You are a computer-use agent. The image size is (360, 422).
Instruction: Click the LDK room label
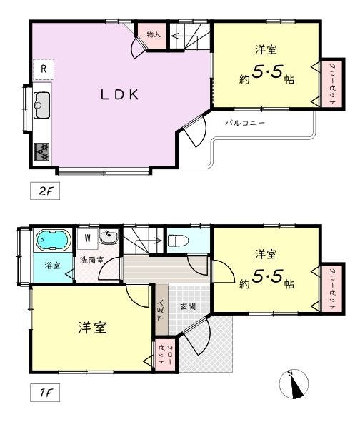click(120, 95)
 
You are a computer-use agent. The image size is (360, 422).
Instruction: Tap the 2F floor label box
click(45, 191)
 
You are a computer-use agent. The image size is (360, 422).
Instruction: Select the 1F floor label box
click(45, 393)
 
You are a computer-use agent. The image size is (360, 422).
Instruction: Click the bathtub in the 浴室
click(54, 240)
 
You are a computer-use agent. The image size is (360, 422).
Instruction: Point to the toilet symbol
click(178, 241)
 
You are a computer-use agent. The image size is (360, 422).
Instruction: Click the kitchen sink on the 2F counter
click(41, 105)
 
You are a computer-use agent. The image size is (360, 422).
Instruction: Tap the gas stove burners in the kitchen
click(41, 151)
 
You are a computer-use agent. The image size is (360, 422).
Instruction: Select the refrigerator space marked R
click(44, 69)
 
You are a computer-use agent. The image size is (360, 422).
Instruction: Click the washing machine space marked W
click(88, 238)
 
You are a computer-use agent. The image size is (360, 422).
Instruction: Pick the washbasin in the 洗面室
click(109, 236)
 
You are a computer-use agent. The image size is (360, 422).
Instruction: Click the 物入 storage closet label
click(154, 34)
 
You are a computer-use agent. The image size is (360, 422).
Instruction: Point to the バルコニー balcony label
click(245, 123)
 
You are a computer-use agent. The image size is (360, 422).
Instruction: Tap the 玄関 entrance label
click(188, 306)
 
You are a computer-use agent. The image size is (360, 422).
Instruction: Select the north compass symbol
click(294, 384)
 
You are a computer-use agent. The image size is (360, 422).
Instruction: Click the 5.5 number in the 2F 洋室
click(267, 72)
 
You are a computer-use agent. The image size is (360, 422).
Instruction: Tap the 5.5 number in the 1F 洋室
click(267, 277)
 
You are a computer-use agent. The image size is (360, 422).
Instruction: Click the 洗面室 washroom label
click(92, 260)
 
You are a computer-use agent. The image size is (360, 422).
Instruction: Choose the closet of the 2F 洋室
click(332, 84)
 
